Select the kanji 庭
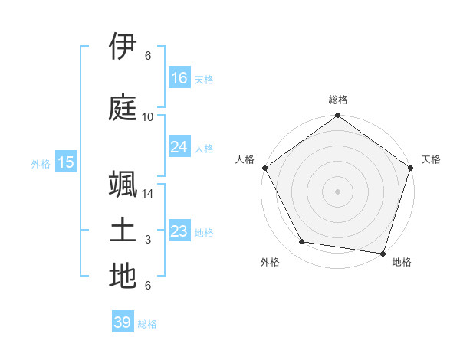coord(123,106)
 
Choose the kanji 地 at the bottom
coord(123,276)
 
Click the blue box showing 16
coord(179,78)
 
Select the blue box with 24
coord(179,147)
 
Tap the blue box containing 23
coord(179,231)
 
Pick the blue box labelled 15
coord(66,162)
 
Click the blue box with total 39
coord(123,322)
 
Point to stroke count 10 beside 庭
coord(148,117)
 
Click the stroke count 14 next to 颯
coord(148,194)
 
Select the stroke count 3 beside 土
coord(148,240)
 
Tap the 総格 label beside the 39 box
coord(148,324)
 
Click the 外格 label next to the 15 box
coord(41,163)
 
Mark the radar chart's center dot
coord(337,191)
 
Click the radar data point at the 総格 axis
coord(337,116)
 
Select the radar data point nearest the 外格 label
coord(302,242)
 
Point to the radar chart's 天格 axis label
coord(432,159)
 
